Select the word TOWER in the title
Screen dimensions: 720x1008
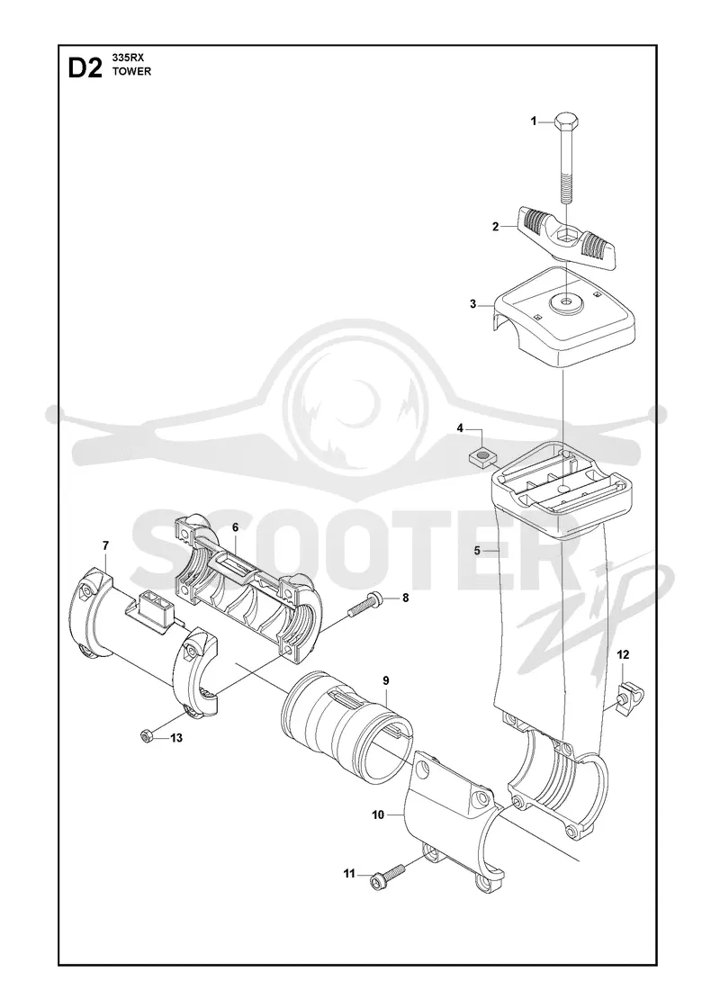click(131, 71)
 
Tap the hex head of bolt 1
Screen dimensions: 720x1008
click(565, 121)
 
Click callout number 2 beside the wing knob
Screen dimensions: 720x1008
click(495, 226)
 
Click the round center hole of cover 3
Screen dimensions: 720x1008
click(566, 301)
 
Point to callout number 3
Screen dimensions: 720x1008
click(473, 304)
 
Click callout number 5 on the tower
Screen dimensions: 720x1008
click(477, 550)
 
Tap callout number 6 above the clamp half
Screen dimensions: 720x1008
click(235, 527)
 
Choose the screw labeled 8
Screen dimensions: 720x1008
click(368, 603)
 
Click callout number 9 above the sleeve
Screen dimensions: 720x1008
click(386, 680)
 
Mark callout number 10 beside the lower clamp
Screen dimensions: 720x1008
click(378, 815)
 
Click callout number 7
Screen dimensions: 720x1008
click(105, 545)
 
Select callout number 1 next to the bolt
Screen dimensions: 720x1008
click(533, 121)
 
